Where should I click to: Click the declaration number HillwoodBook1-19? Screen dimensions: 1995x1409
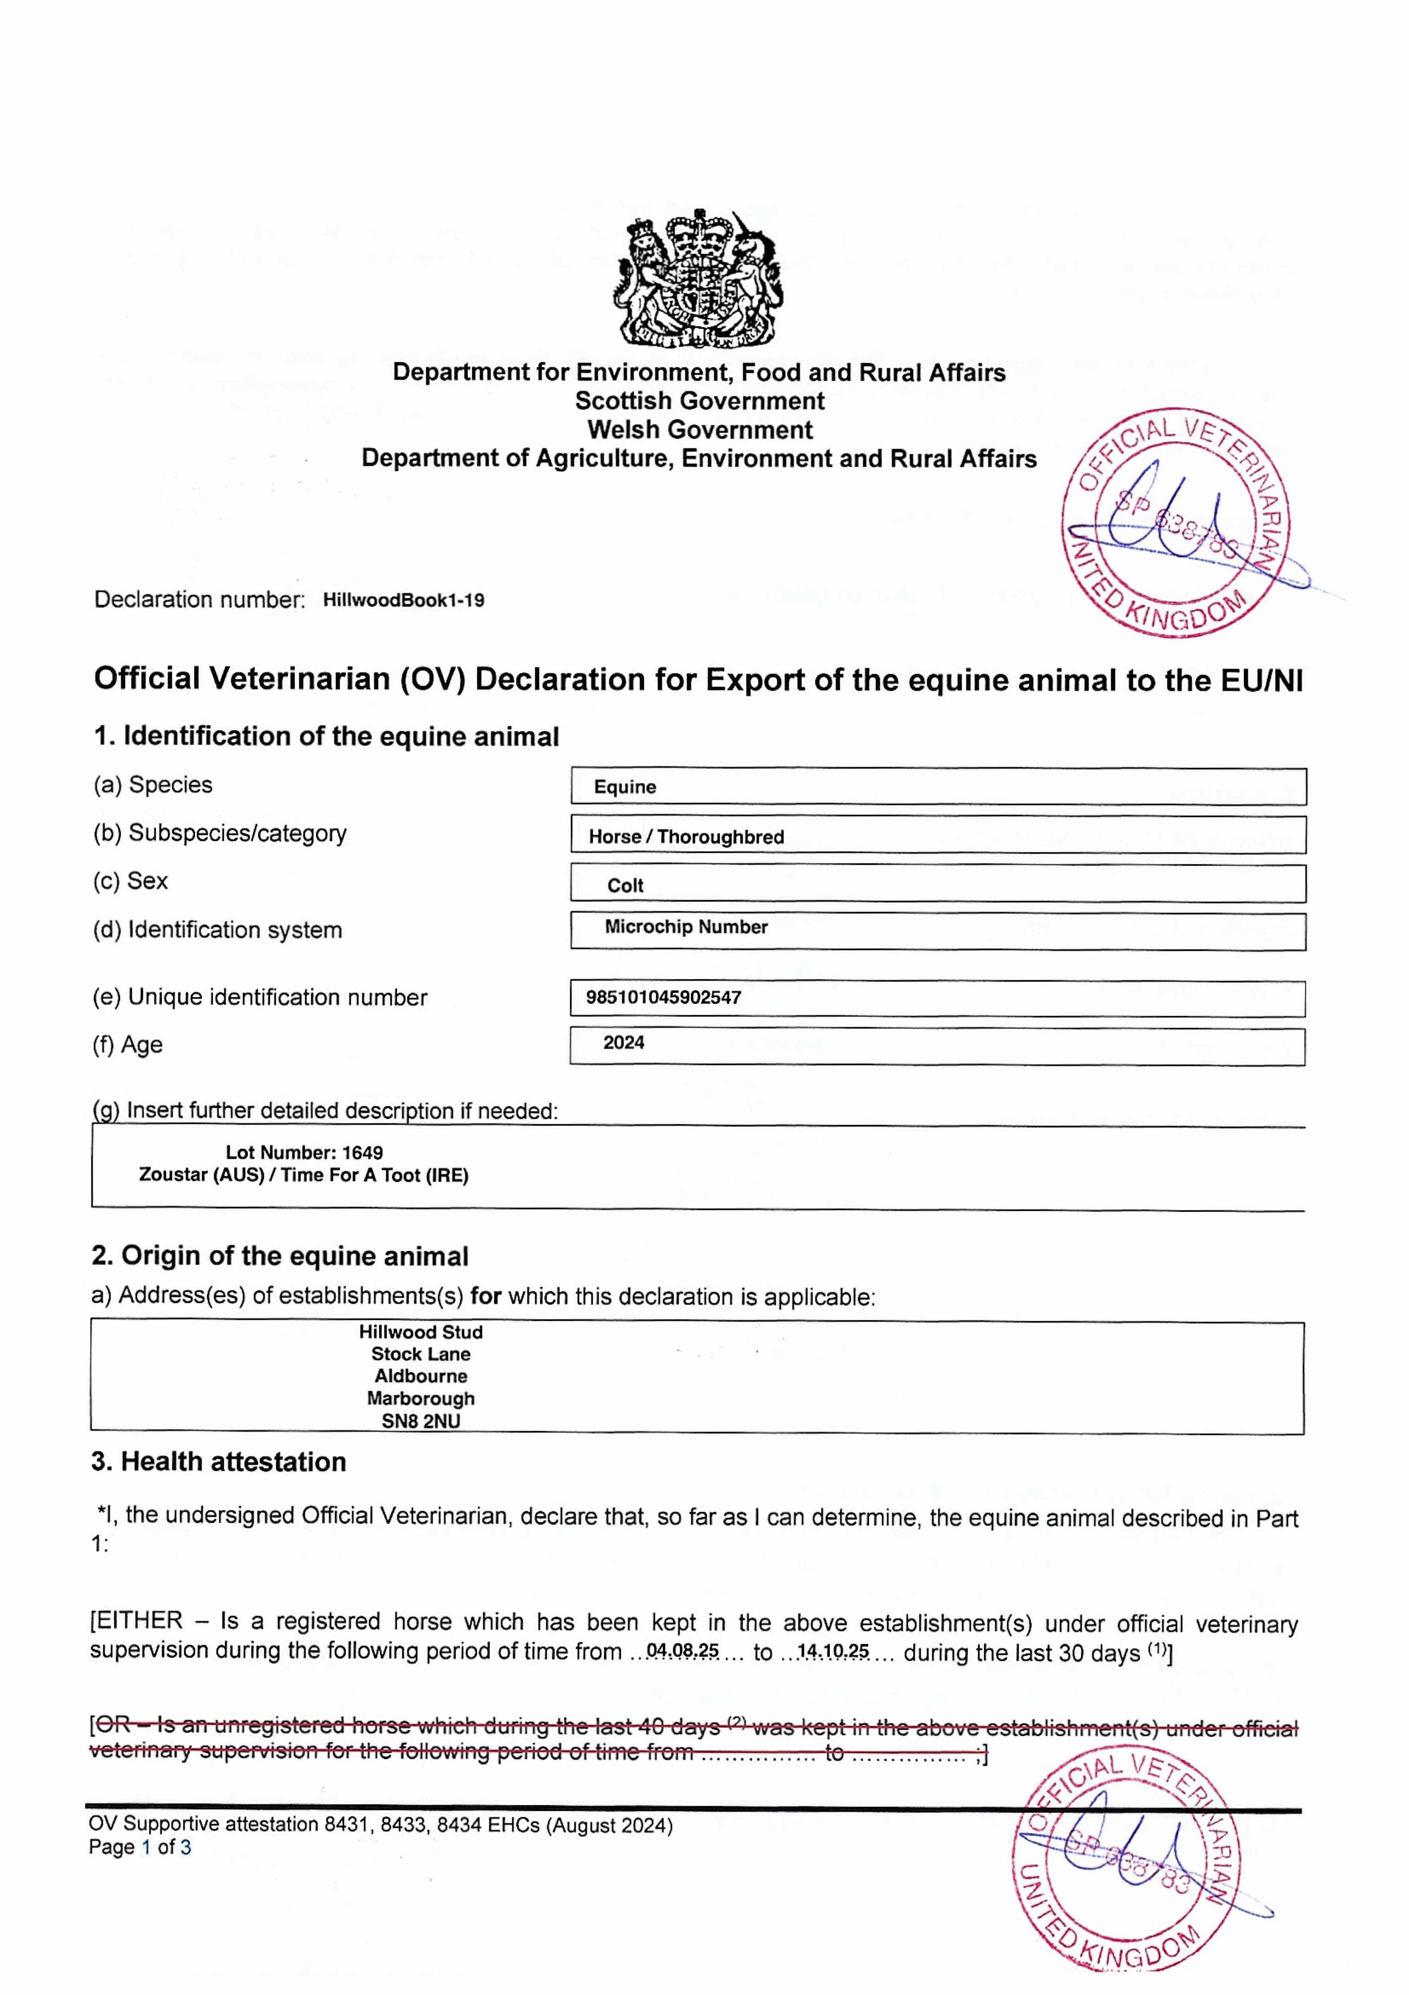tap(403, 600)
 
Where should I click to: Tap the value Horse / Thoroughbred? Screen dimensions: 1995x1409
tap(686, 837)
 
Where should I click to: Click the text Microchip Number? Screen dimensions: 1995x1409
tap(686, 927)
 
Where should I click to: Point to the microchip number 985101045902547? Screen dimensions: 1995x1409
tap(664, 997)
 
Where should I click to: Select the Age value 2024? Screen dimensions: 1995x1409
tap(624, 1043)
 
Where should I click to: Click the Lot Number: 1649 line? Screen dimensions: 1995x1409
tap(304, 1153)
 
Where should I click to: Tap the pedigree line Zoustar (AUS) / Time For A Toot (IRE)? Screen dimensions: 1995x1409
tap(304, 1175)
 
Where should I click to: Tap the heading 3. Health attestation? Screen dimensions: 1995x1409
tap(219, 1462)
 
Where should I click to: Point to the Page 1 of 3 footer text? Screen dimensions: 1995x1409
tap(140, 1847)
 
